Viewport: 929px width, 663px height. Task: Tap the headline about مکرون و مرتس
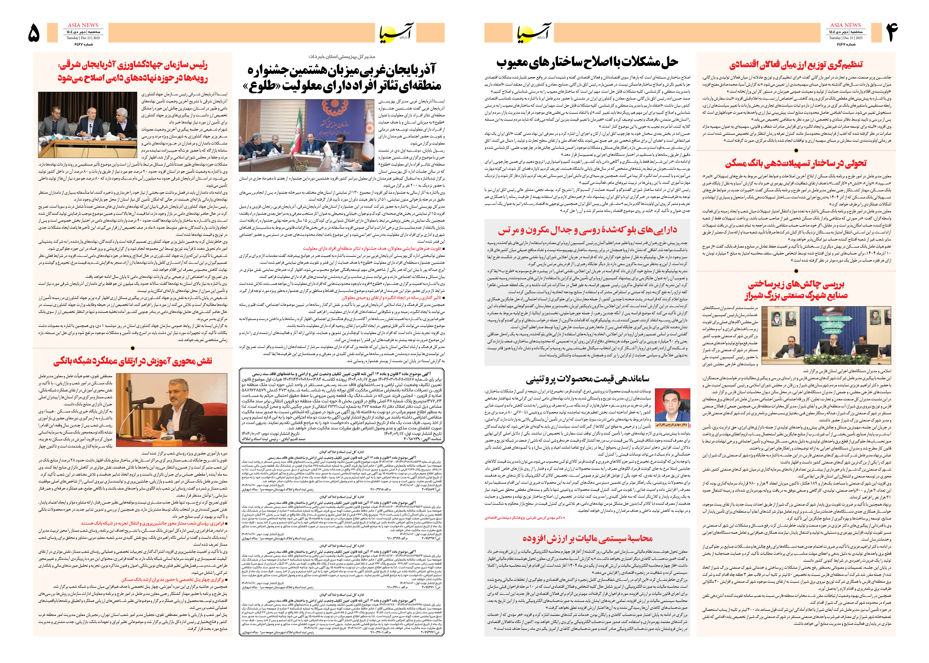(x=587, y=230)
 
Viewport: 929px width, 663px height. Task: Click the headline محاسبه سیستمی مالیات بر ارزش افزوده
(x=587, y=538)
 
